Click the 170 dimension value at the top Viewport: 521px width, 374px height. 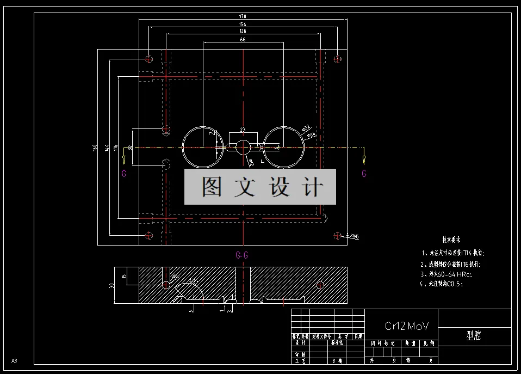point(243,16)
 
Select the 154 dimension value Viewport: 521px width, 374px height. point(243,24)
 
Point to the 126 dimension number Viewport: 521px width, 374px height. point(243,31)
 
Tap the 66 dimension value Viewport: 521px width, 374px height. point(243,40)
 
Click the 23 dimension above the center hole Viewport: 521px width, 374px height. point(243,130)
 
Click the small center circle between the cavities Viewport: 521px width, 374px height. point(243,147)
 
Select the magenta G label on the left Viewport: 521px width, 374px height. point(124,174)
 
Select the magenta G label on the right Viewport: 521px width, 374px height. point(364,174)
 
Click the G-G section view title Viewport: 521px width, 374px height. point(243,255)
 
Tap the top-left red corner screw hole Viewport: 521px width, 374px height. point(149,58)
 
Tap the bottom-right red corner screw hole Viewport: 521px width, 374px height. point(337,235)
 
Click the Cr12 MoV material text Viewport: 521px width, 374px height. point(407,326)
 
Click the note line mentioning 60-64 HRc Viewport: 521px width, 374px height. point(445,274)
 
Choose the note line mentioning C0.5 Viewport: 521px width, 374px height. point(442,284)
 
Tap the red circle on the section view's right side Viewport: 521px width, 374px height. point(320,285)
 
